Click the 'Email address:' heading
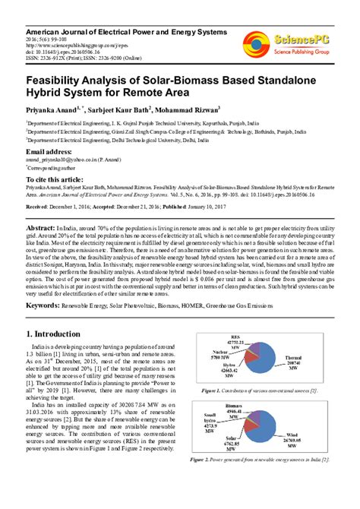(54, 152)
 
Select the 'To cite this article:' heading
(62, 178)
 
